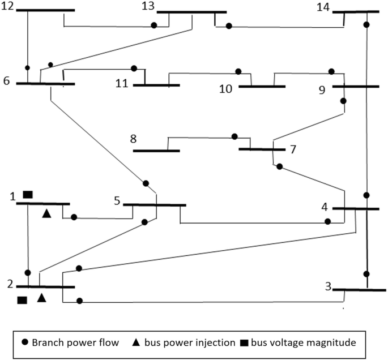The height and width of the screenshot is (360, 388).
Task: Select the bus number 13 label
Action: (148, 6)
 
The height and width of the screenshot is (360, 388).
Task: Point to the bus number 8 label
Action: (134, 139)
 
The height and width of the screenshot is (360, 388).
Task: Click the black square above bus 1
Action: (27, 195)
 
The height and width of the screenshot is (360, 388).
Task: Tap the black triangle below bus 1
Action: (47, 213)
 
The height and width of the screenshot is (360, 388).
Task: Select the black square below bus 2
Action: (23, 299)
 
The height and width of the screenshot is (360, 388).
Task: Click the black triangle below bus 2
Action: (41, 297)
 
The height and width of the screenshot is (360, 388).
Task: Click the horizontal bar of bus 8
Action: (156, 151)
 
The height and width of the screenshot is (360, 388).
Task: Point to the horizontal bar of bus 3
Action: (355, 290)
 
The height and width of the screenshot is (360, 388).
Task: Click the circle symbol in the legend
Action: (25, 342)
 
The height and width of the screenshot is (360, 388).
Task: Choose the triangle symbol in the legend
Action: (137, 342)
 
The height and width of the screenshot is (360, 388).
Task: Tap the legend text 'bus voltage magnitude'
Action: (303, 342)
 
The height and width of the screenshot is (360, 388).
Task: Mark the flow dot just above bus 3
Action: (367, 274)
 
